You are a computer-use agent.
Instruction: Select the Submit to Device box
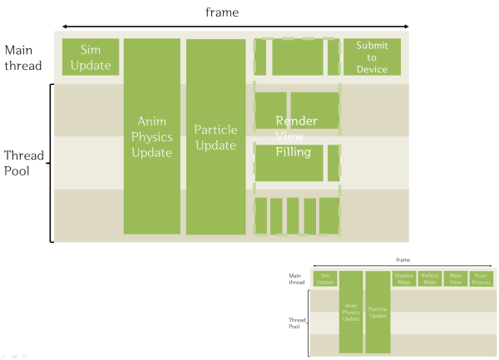click(x=372, y=57)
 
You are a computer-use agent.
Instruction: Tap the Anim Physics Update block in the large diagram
click(x=151, y=136)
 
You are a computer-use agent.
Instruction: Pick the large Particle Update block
click(x=215, y=136)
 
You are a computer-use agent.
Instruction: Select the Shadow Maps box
click(x=404, y=279)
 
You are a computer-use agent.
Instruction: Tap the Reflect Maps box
click(x=429, y=279)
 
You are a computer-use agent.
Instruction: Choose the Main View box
click(x=455, y=279)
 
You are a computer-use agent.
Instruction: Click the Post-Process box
click(x=481, y=279)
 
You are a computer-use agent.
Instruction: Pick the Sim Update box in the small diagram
click(x=326, y=279)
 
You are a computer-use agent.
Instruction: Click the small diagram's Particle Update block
click(x=378, y=312)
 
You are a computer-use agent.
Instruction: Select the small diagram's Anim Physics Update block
click(x=351, y=312)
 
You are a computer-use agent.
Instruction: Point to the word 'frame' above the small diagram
click(x=403, y=259)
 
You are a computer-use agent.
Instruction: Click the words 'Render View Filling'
click(x=296, y=136)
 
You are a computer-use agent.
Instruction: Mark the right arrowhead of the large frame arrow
click(x=406, y=27)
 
